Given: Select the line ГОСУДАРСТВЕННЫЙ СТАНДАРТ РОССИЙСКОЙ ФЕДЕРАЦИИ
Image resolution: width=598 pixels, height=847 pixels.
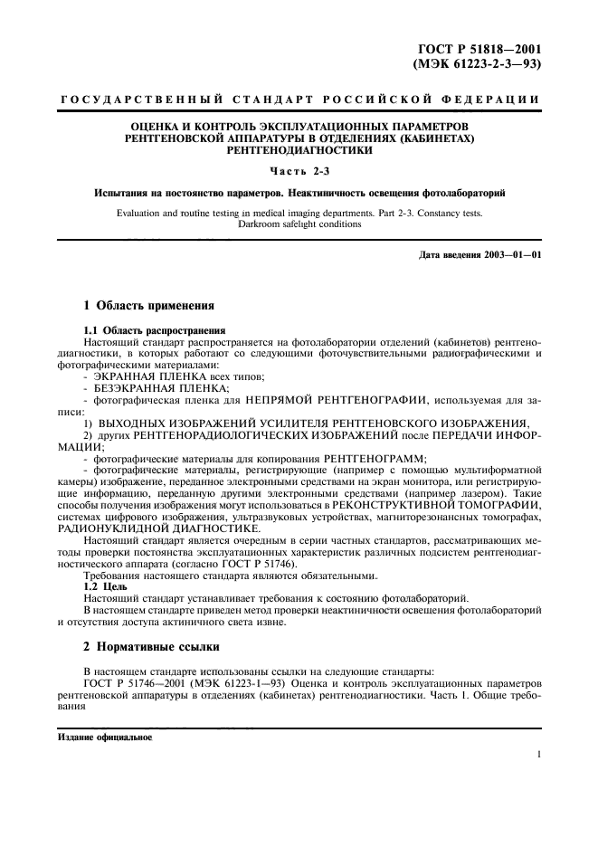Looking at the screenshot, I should coord(299,99).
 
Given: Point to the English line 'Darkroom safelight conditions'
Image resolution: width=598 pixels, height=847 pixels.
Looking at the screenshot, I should coord(299,224).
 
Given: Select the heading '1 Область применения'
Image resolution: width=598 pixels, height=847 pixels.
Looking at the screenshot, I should coord(148,306).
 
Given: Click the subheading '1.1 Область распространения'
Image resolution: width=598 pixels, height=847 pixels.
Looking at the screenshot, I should coord(154,330).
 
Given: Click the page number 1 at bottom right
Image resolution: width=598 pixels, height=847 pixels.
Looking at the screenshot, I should coord(538,754).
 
